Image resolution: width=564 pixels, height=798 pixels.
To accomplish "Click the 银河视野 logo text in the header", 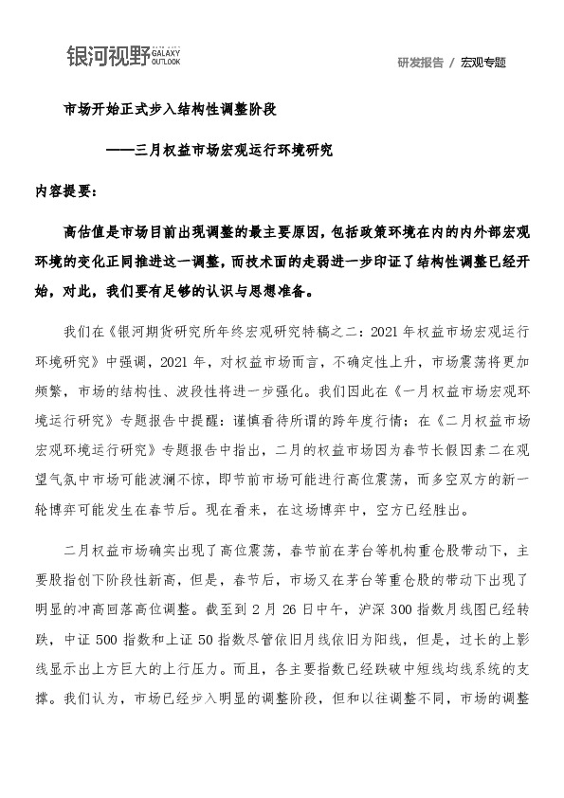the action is click(x=107, y=56).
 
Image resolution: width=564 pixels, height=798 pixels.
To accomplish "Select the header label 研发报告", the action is click(x=420, y=63).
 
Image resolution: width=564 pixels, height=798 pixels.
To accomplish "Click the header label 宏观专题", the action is click(x=483, y=63).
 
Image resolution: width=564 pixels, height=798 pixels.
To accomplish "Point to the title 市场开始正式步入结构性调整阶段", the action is click(x=170, y=110).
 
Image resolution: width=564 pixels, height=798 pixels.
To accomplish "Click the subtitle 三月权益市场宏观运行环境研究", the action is click(x=234, y=150).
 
